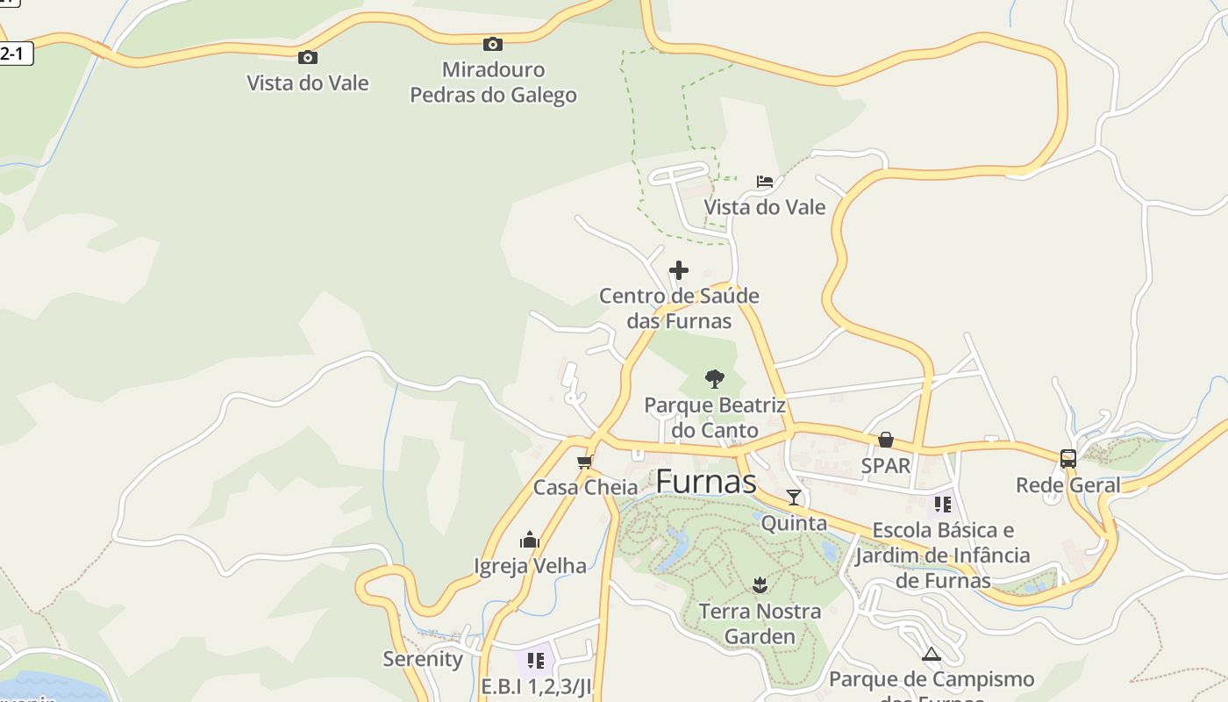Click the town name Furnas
(x=705, y=481)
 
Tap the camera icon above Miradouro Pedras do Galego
(x=493, y=44)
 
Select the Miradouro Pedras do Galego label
(x=493, y=82)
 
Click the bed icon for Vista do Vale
(x=765, y=182)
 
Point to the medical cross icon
(x=679, y=270)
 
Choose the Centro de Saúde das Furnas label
(x=679, y=309)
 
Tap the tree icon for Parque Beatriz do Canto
(x=715, y=379)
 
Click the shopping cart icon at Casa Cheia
(x=585, y=462)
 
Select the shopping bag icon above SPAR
(x=886, y=440)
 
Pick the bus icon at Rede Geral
(x=1067, y=458)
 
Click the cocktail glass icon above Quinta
(x=794, y=498)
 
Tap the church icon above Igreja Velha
(x=530, y=539)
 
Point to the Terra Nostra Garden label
(x=760, y=624)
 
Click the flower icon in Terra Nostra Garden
(x=760, y=585)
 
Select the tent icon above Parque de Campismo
(x=931, y=654)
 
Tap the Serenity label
(x=423, y=659)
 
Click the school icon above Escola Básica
(x=943, y=505)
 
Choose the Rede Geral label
(x=1067, y=484)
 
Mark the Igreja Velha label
(x=530, y=566)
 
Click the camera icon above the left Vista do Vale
(x=308, y=58)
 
